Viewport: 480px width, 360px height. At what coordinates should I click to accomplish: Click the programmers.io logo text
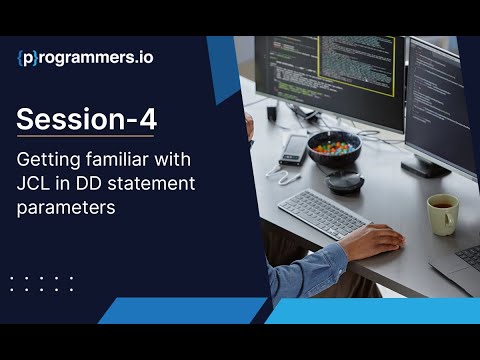(x=85, y=57)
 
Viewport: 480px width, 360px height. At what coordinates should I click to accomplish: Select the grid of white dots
(x=41, y=283)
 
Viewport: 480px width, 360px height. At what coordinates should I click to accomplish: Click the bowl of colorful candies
(x=333, y=148)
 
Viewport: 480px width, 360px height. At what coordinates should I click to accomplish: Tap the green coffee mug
(x=442, y=213)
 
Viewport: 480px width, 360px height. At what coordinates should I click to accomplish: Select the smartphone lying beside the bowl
(x=292, y=150)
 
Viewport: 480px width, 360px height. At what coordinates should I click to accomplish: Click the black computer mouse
(x=345, y=181)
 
